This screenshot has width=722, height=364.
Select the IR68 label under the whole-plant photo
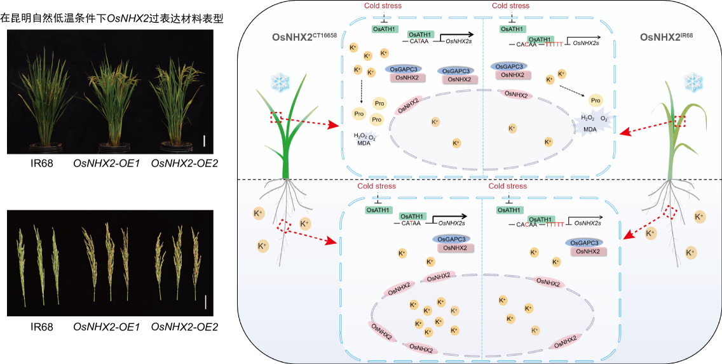click(41, 162)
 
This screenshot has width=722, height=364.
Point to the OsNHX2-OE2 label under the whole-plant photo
click(184, 162)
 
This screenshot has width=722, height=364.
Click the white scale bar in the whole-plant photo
click(204, 139)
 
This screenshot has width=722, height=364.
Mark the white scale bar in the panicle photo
click(205, 303)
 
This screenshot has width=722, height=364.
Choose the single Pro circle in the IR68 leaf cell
click(595, 100)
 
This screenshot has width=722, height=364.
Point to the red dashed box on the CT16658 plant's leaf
click(276, 118)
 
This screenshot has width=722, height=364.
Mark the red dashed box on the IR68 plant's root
click(672, 212)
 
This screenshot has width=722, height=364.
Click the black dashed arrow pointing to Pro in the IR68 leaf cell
click(573, 90)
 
